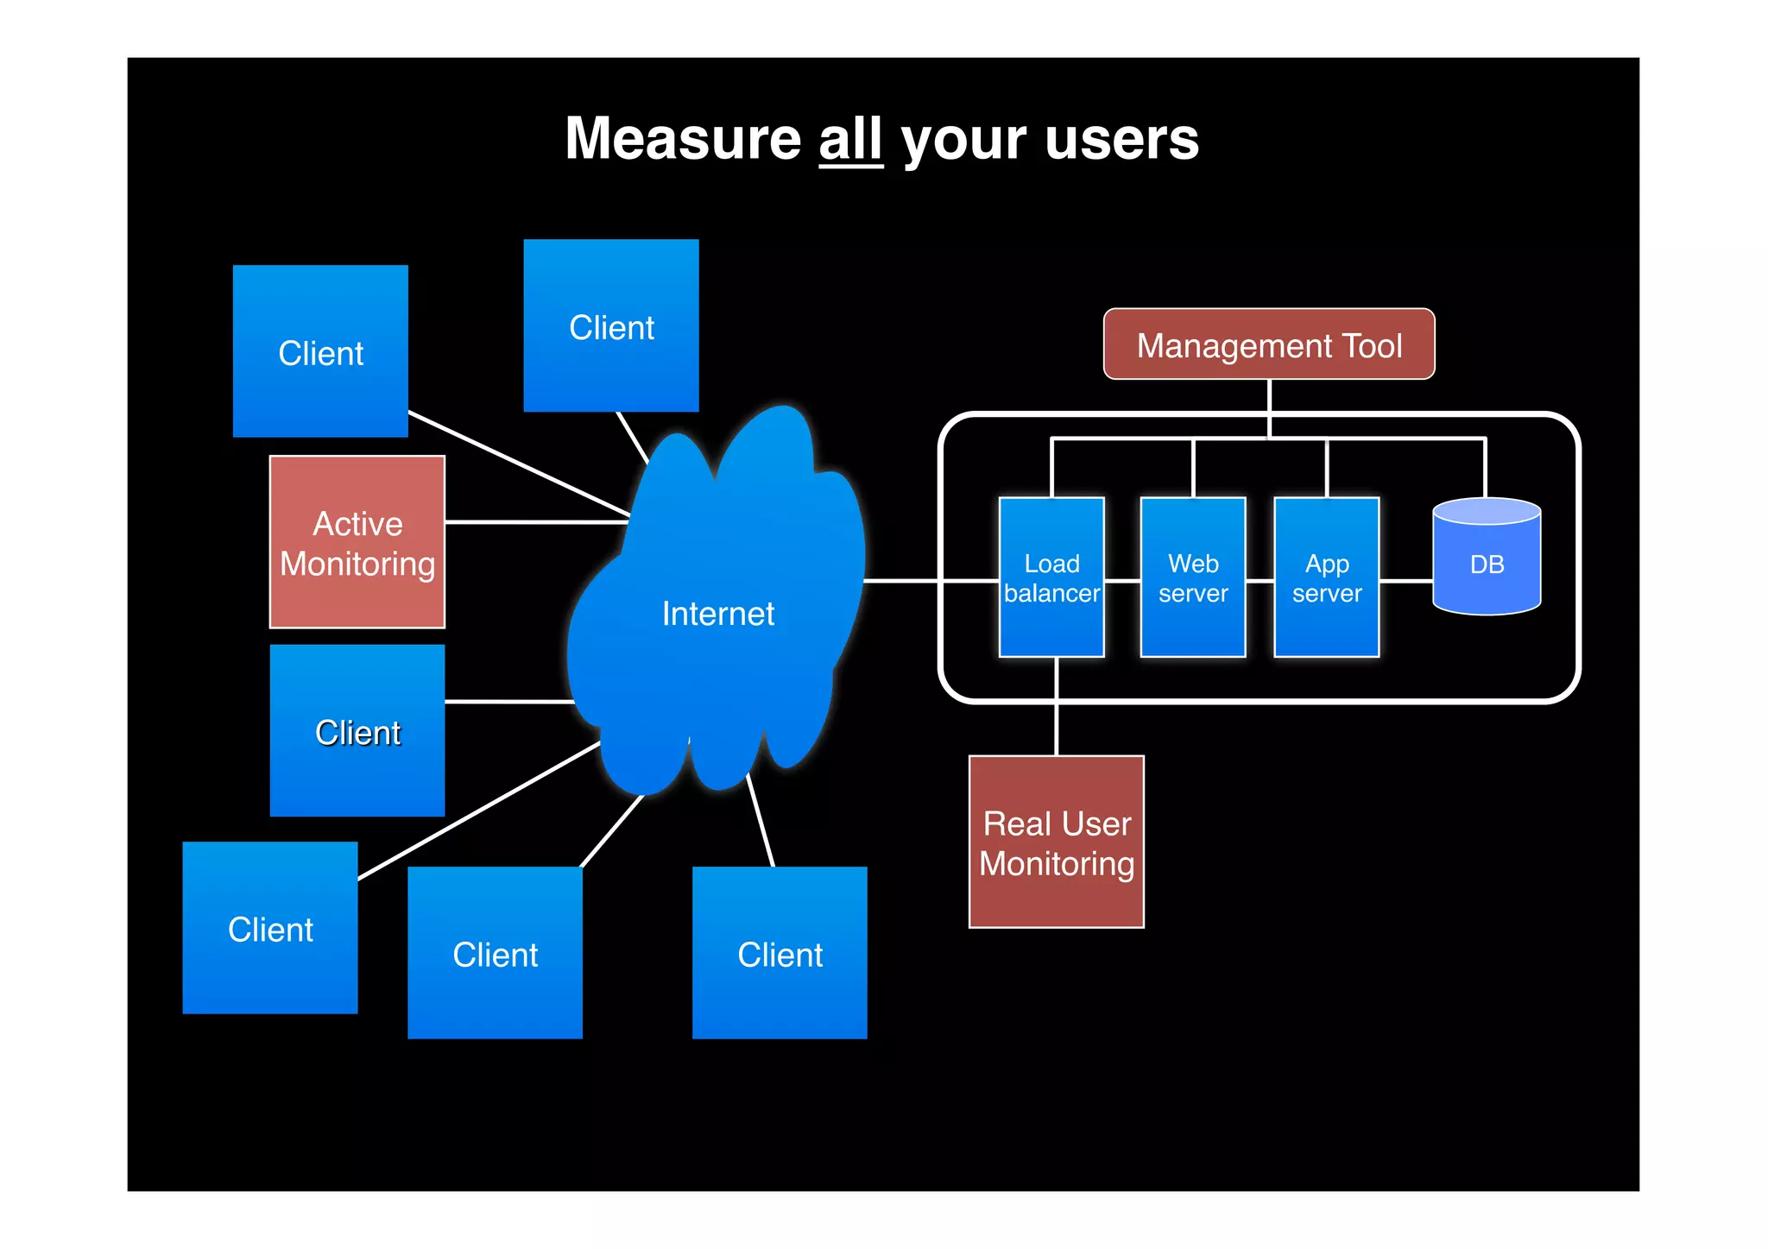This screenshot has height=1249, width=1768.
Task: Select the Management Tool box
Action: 1268,344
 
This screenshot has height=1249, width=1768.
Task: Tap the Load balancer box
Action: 1051,577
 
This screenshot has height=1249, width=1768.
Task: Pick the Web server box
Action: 1192,577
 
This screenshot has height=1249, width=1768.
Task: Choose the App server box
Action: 1326,577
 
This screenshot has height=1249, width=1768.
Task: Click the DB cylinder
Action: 1486,561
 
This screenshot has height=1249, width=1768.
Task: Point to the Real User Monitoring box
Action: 1056,842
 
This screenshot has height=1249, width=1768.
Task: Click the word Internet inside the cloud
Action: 717,614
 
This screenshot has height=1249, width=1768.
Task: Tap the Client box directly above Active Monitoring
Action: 320,351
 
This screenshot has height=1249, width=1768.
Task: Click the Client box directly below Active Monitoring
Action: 357,731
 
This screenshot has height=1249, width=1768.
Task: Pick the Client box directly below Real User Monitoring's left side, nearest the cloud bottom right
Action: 779,953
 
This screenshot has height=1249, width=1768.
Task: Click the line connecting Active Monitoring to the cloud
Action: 535,522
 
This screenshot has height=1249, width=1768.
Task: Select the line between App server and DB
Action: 1405,581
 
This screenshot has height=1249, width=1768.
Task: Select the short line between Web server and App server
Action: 1260,581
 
